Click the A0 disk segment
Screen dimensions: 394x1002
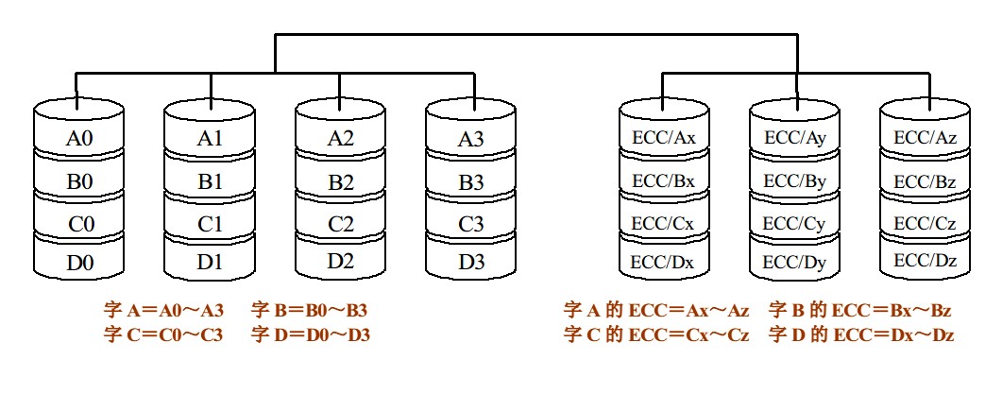click(79, 138)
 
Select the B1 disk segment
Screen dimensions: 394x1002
click(211, 180)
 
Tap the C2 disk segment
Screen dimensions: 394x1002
click(342, 223)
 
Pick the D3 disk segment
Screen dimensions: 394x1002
click(471, 262)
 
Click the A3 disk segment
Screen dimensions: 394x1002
click(471, 139)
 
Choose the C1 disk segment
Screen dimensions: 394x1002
click(211, 223)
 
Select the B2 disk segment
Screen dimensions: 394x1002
click(342, 180)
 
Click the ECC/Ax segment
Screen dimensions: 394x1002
click(664, 138)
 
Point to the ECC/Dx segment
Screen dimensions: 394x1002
click(664, 262)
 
